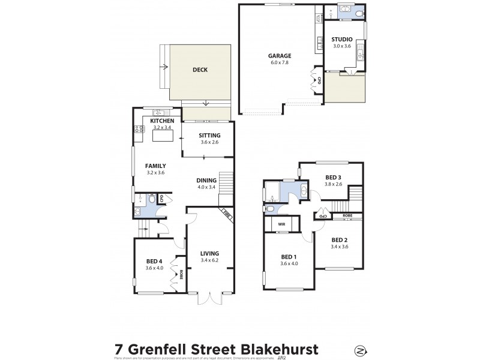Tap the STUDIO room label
tap(342, 40)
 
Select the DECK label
tap(200, 70)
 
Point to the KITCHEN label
tap(153, 121)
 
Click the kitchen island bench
tap(162, 136)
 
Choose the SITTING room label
tap(209, 135)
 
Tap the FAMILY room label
tap(155, 166)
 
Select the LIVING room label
tap(209, 253)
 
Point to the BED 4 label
tap(154, 261)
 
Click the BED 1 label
tap(289, 257)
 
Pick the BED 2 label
tap(340, 239)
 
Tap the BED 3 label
tap(334, 177)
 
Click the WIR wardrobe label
tap(282, 226)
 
